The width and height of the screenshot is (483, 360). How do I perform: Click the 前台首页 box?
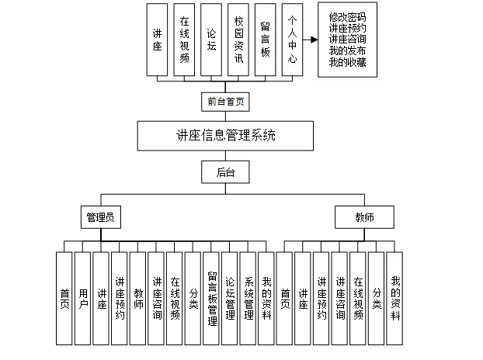click(226, 102)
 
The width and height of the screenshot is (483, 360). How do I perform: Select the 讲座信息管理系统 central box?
click(226, 136)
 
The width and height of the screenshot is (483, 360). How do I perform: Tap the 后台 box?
click(226, 171)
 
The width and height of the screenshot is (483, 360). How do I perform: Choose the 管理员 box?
click(101, 217)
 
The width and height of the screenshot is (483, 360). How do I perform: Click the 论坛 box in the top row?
click(212, 40)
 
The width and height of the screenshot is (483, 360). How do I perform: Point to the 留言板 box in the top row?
click(266, 40)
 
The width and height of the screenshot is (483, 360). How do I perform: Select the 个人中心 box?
click(293, 40)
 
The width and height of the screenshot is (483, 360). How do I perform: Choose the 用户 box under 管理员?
click(83, 299)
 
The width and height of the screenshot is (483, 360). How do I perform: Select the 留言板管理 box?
click(213, 299)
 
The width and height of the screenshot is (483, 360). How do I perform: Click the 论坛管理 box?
click(231, 299)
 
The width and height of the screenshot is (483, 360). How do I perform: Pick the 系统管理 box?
click(249, 299)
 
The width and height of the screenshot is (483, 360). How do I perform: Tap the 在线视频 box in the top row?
click(185, 40)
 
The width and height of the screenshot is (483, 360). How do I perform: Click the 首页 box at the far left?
click(65, 299)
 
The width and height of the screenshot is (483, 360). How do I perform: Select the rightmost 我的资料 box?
click(395, 299)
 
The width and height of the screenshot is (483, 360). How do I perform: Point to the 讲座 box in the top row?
click(158, 40)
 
